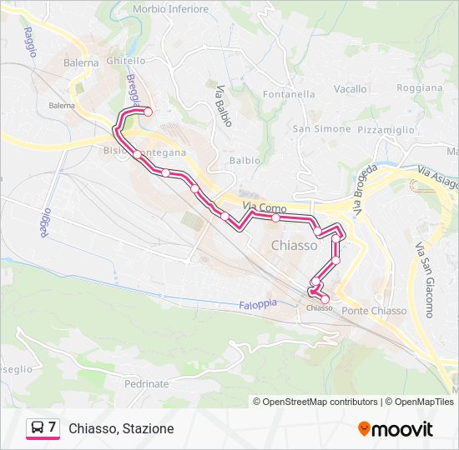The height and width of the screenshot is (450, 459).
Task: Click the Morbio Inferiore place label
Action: [x=170, y=9]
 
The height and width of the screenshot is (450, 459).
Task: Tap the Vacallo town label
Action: [x=351, y=88]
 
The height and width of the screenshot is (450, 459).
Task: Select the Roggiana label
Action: [x=419, y=87]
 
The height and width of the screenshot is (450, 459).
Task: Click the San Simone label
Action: [x=321, y=128]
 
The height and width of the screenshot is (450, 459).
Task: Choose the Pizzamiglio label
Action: [x=386, y=130]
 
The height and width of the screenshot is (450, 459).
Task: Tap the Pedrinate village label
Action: [x=146, y=384]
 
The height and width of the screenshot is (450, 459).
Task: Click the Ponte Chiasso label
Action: [x=374, y=311]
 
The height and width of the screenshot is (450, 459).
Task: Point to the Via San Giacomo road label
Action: [x=424, y=280]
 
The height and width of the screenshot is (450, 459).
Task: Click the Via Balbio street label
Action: [x=222, y=106]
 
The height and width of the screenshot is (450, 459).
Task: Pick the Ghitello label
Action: [x=127, y=62]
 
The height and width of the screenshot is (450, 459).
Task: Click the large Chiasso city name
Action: [x=294, y=246]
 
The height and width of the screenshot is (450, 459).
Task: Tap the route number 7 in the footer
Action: [x=52, y=427]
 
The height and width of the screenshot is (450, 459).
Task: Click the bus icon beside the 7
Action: [x=38, y=428]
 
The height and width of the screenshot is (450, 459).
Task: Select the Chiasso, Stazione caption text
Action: [x=122, y=428]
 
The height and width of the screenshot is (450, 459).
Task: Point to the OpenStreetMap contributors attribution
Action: [x=320, y=402]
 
